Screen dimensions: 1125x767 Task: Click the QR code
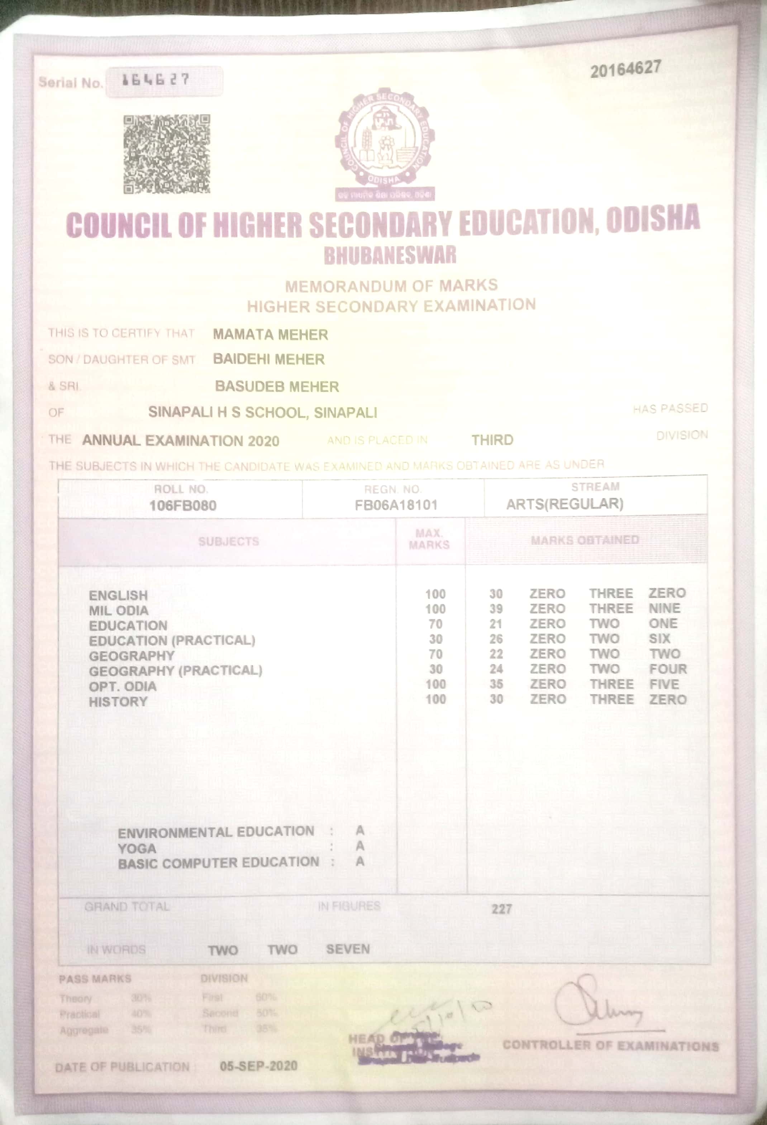167,154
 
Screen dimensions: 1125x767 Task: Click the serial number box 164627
164,81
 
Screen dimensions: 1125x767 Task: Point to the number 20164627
625,70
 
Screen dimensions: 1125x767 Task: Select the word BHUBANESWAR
390,255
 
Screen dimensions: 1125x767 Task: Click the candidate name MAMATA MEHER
270,335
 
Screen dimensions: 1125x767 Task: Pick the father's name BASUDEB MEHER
277,386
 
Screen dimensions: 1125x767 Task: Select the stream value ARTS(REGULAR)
564,504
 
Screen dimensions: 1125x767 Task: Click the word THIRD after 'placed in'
492,440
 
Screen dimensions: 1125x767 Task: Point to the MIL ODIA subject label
119,611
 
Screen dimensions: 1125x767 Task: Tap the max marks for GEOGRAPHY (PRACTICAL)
435,670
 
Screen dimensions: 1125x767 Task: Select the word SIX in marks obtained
659,639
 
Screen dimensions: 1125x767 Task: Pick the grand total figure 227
502,909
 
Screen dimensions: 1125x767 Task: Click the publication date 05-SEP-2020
258,1066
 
